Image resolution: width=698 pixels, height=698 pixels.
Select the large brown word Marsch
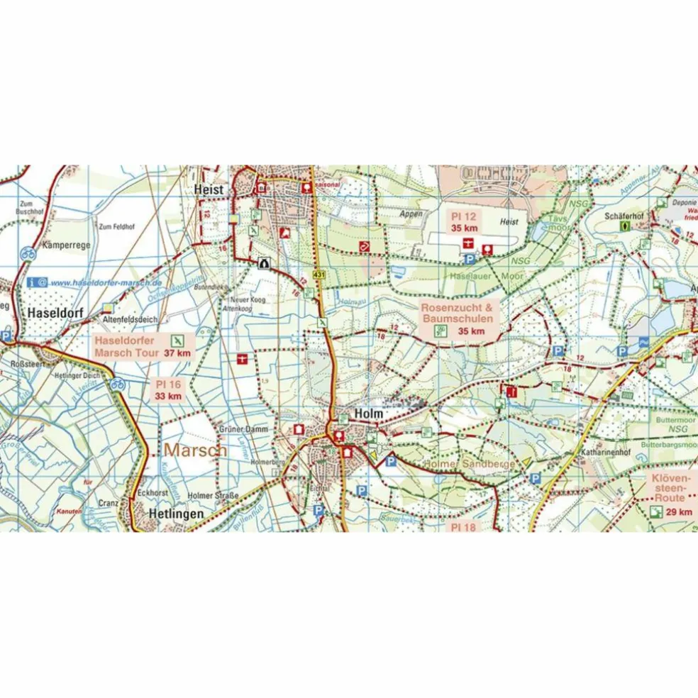pyautogui.click(x=195, y=450)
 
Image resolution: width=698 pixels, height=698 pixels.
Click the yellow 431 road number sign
pyautogui.click(x=318, y=275)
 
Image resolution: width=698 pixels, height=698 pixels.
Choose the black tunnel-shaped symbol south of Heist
pyautogui.click(x=265, y=262)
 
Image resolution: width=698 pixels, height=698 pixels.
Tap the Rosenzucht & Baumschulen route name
pyautogui.click(x=457, y=314)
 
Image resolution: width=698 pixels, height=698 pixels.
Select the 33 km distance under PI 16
pyautogui.click(x=168, y=396)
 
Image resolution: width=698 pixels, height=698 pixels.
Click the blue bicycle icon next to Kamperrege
pyautogui.click(x=28, y=253)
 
